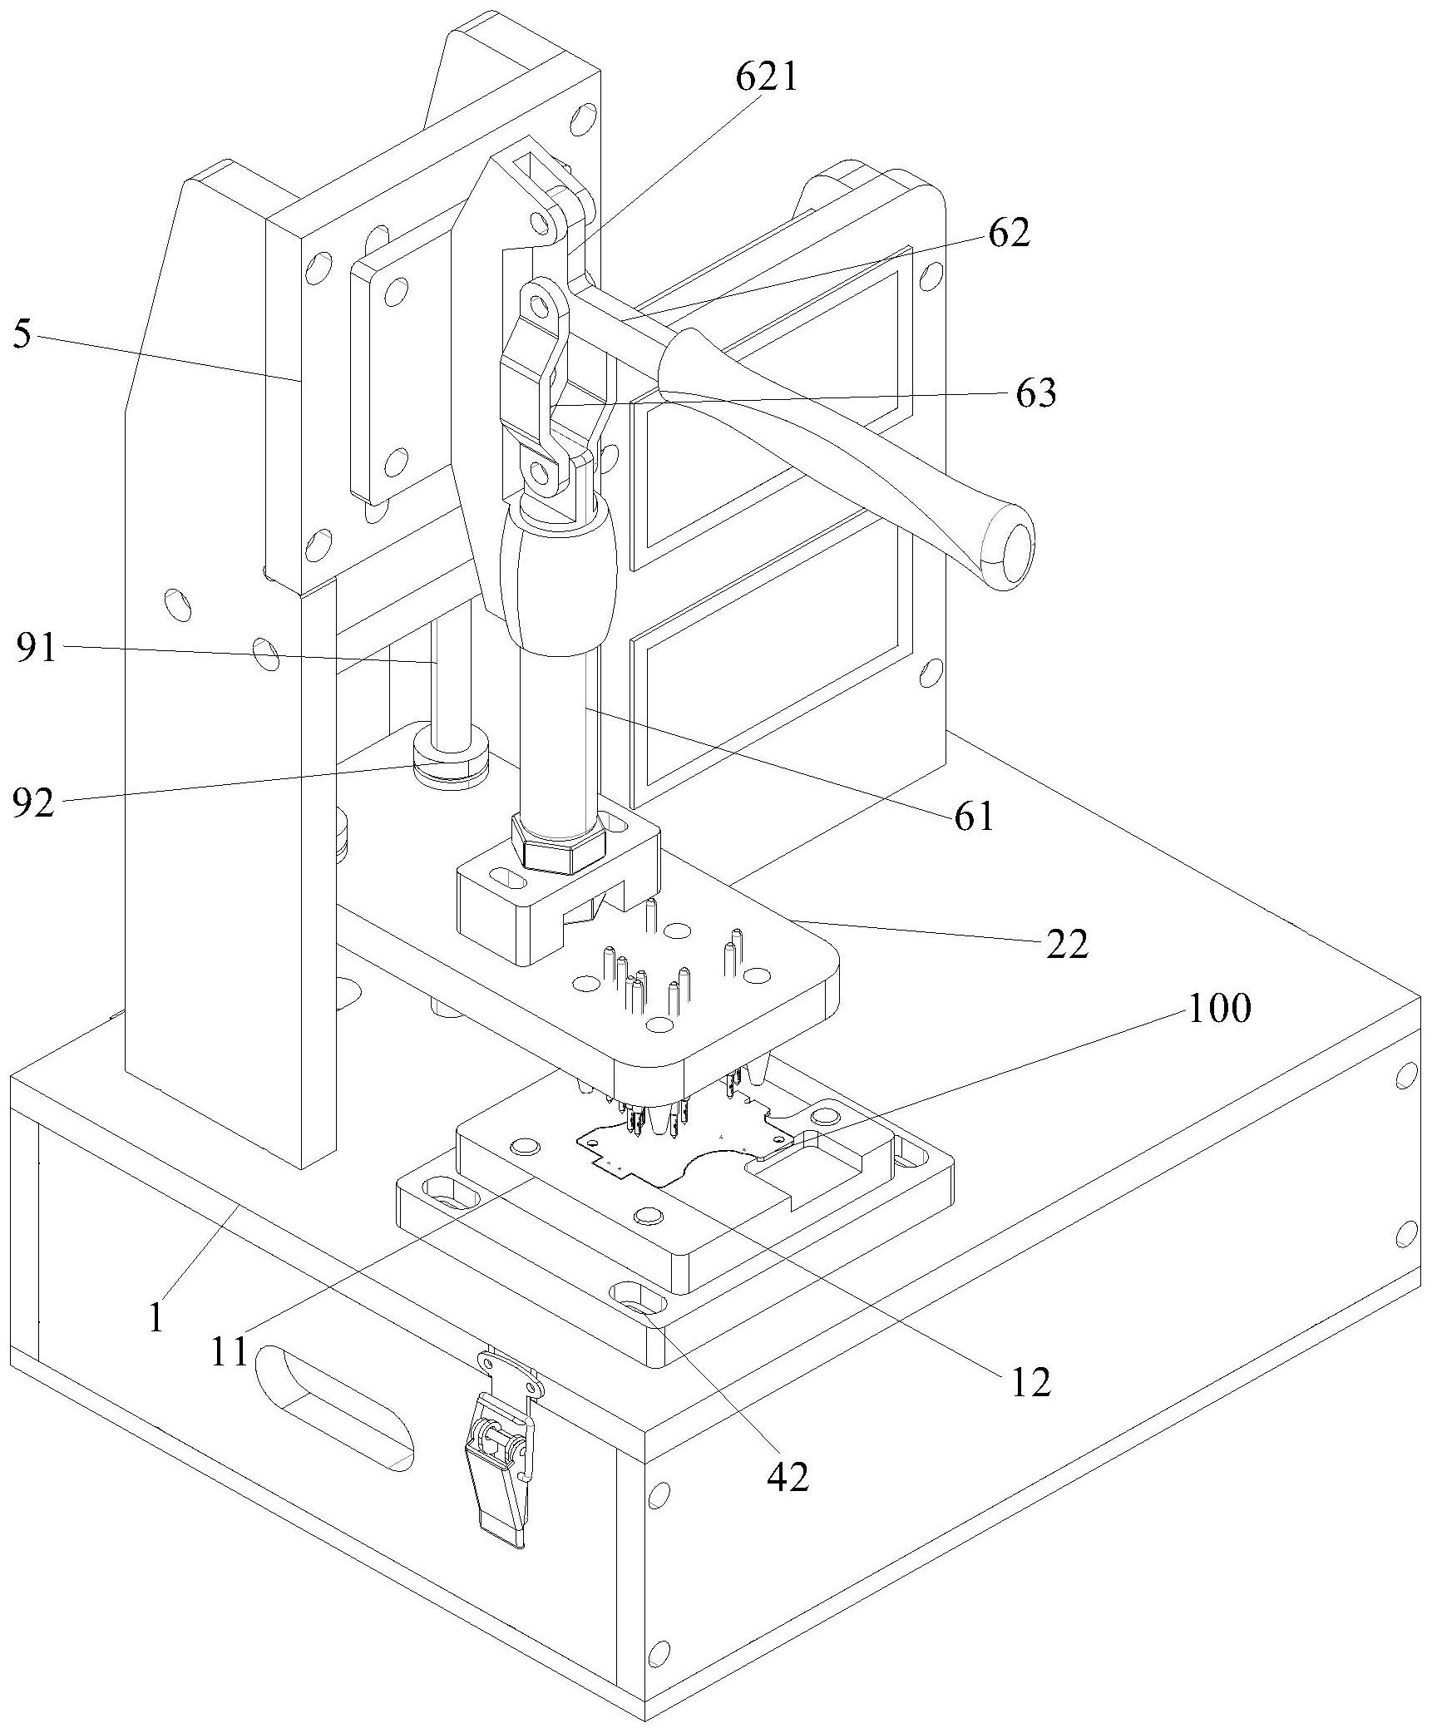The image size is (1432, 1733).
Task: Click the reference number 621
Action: [x=766, y=78]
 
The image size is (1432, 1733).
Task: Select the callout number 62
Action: [x=1009, y=234]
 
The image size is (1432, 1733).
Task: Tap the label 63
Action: [x=1035, y=393]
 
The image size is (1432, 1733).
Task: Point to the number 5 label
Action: [x=22, y=336]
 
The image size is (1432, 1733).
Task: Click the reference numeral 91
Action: [x=37, y=647]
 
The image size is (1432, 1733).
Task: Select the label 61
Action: [x=974, y=817]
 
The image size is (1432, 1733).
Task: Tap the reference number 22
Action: [x=1067, y=945]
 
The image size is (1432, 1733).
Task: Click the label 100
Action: [x=1218, y=1009]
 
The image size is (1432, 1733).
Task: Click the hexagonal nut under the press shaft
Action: [x=558, y=842]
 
